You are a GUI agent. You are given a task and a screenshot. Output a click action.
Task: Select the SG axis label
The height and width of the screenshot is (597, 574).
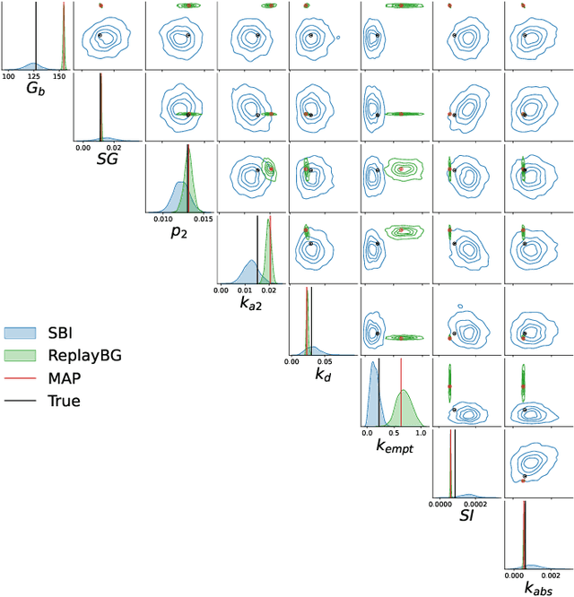(x=108, y=159)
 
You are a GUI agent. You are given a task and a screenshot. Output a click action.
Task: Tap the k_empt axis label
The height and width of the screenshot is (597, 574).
(x=396, y=447)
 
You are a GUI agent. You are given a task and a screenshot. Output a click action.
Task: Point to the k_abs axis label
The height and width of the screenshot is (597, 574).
(x=539, y=588)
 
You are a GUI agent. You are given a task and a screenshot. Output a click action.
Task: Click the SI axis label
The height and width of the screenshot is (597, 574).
(x=466, y=516)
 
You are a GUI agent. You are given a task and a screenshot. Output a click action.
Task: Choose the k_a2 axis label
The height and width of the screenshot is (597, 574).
(x=251, y=304)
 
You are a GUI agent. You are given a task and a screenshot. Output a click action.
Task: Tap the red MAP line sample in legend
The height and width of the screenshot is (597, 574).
(x=22, y=377)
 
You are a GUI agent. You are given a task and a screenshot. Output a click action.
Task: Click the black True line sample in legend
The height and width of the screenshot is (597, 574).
(x=22, y=401)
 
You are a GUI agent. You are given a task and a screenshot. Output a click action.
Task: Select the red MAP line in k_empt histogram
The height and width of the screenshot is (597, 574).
(x=401, y=394)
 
